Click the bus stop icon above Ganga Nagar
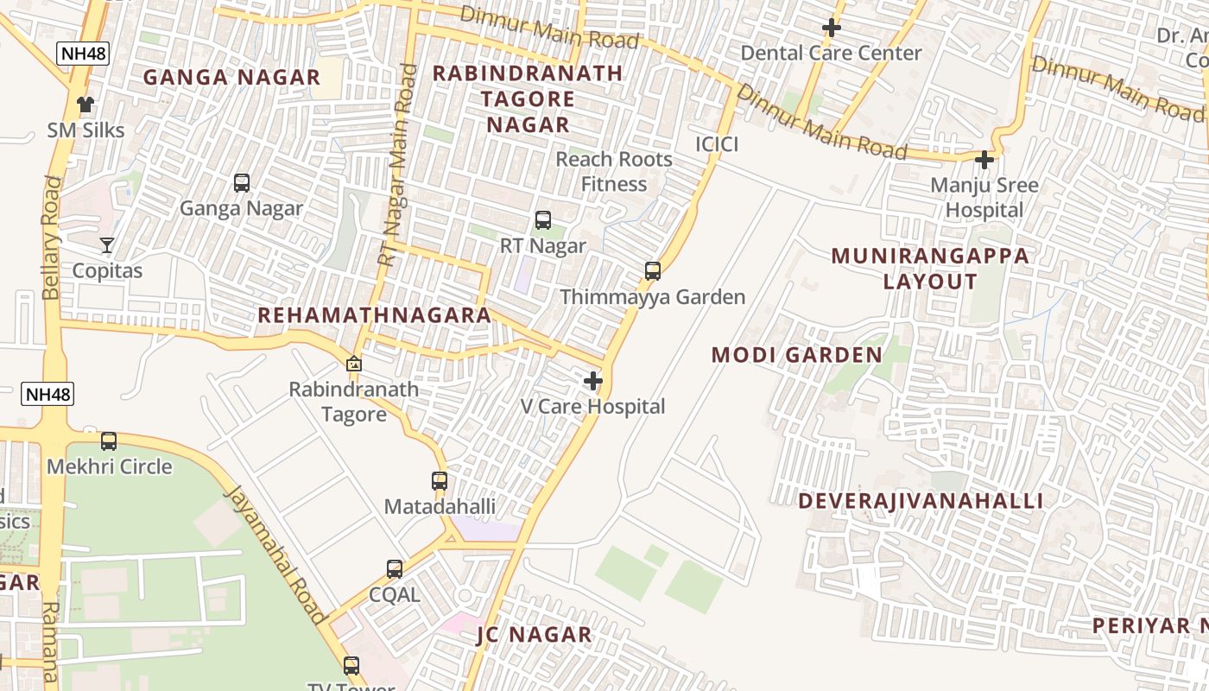click(x=242, y=183)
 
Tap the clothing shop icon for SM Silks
click(x=85, y=105)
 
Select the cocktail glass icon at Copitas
click(x=107, y=245)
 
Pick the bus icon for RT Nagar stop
click(x=543, y=220)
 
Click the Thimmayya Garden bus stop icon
click(x=653, y=271)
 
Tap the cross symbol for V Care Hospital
click(x=593, y=381)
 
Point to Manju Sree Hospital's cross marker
click(x=984, y=160)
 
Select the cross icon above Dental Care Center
click(x=831, y=28)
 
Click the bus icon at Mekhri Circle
click(x=109, y=441)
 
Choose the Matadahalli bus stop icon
click(x=440, y=481)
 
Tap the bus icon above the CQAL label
click(x=395, y=569)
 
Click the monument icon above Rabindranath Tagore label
click(x=353, y=364)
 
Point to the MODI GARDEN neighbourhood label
click(x=797, y=355)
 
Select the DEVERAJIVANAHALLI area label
click(x=921, y=501)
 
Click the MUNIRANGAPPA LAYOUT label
click(x=931, y=269)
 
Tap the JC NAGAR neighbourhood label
click(x=535, y=635)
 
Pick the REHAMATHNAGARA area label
click(x=375, y=315)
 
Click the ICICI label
click(x=717, y=144)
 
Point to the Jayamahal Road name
click(x=275, y=553)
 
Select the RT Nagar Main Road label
click(x=396, y=164)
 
